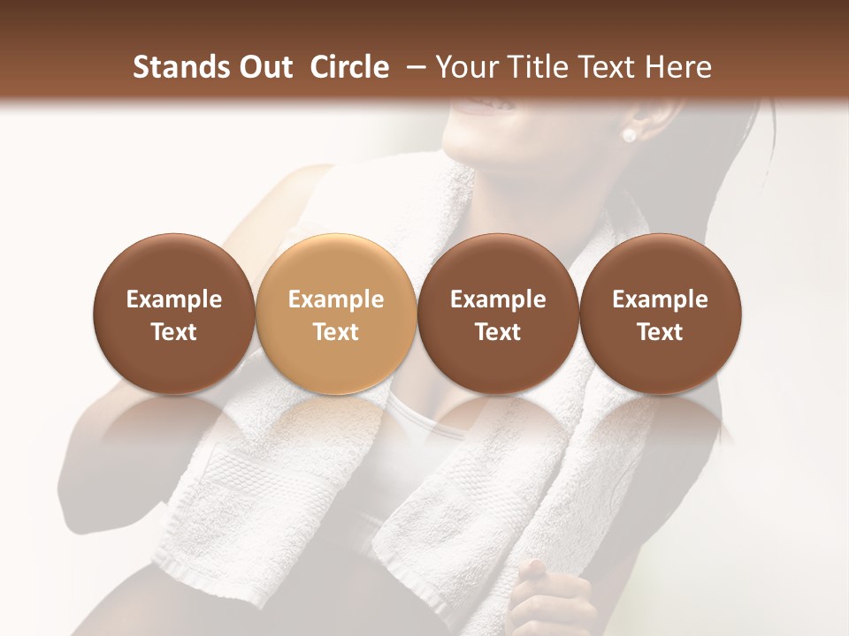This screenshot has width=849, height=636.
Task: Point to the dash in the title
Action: [x=412, y=67]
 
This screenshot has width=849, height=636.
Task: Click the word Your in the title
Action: [x=463, y=67]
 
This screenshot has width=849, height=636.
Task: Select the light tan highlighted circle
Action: [x=335, y=314]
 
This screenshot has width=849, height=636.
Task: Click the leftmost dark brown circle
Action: [x=173, y=314]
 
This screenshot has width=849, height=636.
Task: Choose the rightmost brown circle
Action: [x=660, y=314]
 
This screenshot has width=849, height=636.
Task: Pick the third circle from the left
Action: [x=498, y=314]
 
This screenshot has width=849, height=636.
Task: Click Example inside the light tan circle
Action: [x=335, y=299]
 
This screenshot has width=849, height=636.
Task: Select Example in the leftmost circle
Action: [x=173, y=299]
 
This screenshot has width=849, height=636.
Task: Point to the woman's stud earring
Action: [x=629, y=135]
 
